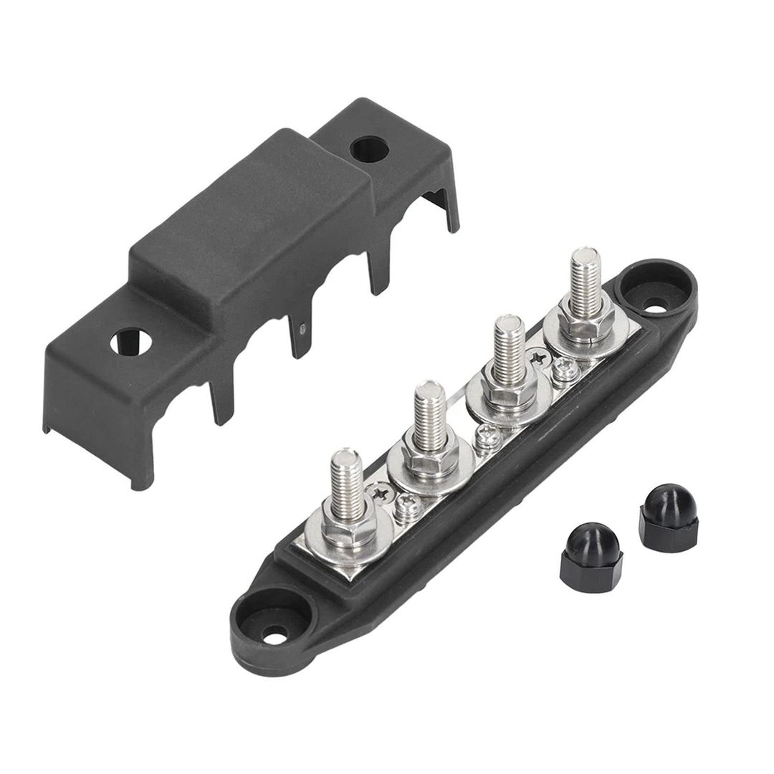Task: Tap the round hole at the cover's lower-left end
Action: click(x=127, y=340)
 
